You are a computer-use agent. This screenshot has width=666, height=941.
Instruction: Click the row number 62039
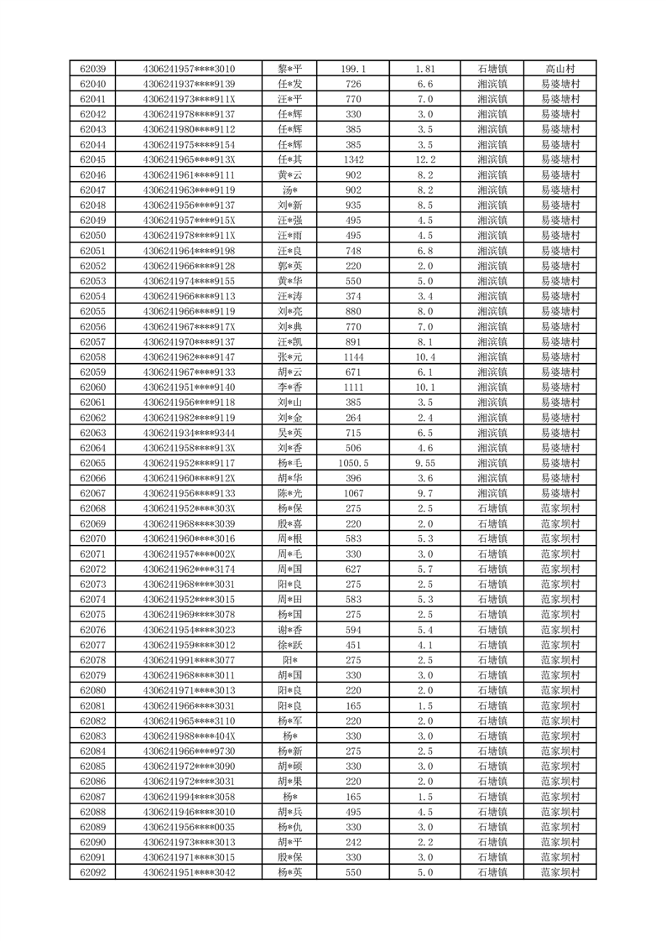click(x=92, y=69)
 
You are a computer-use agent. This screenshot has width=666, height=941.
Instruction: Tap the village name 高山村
click(x=559, y=69)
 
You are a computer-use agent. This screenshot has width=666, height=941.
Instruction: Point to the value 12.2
click(x=424, y=159)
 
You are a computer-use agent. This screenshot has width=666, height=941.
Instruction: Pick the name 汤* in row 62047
click(x=289, y=190)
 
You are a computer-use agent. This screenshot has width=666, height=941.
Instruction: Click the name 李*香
click(x=289, y=387)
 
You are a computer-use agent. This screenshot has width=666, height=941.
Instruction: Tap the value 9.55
click(x=424, y=462)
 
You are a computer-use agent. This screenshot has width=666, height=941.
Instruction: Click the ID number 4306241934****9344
click(x=189, y=432)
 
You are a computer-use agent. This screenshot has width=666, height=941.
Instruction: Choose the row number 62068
click(x=92, y=508)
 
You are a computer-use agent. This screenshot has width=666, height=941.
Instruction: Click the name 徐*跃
click(x=289, y=644)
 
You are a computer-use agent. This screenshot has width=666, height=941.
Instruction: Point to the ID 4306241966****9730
click(x=189, y=751)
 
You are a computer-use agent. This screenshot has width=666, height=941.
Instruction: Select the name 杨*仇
click(x=289, y=826)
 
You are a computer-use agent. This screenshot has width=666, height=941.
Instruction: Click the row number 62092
click(x=92, y=872)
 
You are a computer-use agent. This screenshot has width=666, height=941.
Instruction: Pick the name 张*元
click(x=289, y=356)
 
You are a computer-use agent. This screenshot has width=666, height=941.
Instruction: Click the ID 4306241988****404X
click(x=189, y=736)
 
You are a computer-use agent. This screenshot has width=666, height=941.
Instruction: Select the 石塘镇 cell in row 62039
click(x=492, y=69)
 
